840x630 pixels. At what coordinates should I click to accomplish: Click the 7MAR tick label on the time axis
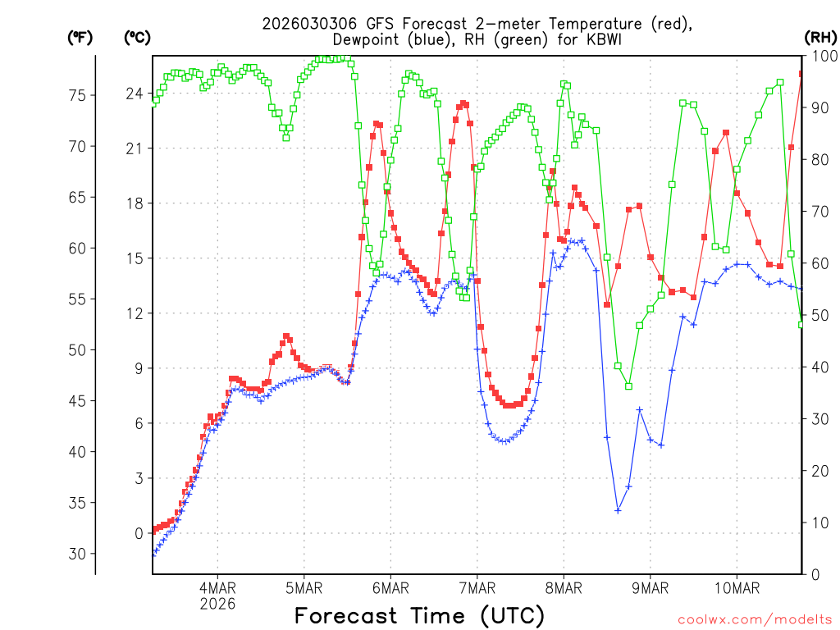(x=477, y=588)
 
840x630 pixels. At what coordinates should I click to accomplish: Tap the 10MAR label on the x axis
(x=737, y=588)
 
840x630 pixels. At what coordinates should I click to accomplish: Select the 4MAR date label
(x=217, y=588)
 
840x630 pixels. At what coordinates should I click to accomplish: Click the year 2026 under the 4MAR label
(x=217, y=604)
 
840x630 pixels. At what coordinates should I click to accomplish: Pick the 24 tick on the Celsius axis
(x=134, y=94)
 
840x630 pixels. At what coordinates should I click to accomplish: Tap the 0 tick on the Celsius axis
(x=139, y=533)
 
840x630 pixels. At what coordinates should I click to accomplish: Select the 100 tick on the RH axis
(x=823, y=56)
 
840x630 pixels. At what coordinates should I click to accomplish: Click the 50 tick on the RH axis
(x=819, y=315)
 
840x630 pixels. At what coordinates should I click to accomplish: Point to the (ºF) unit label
(x=80, y=37)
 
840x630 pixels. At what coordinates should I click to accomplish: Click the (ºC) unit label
(x=137, y=37)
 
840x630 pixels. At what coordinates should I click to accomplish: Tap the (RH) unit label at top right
(x=820, y=37)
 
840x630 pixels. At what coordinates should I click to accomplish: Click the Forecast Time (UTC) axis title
(x=419, y=615)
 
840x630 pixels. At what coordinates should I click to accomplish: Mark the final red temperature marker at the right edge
(x=801, y=74)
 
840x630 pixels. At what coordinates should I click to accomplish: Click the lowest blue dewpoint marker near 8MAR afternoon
(x=618, y=510)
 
